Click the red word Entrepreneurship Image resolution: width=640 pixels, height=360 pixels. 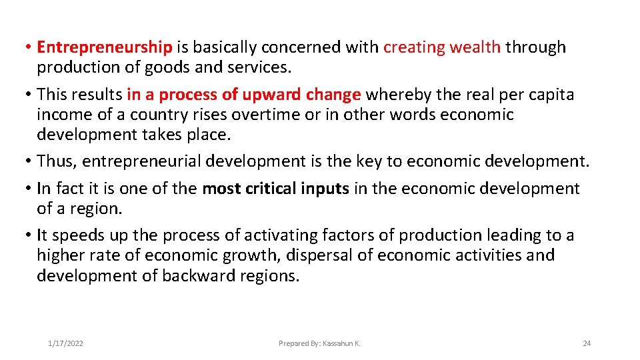click(x=105, y=47)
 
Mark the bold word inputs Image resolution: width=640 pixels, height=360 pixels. click(x=325, y=189)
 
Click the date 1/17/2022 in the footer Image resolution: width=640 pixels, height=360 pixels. click(x=65, y=343)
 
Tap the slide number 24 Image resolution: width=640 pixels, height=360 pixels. click(x=587, y=343)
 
